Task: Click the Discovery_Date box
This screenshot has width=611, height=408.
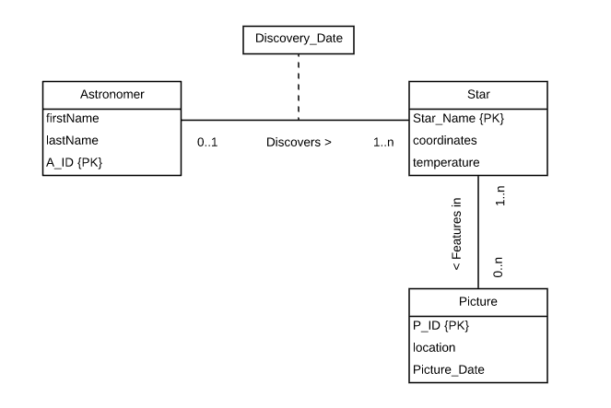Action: tap(298, 40)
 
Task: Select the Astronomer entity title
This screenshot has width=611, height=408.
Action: tap(111, 95)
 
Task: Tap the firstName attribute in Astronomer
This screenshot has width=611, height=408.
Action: tap(73, 118)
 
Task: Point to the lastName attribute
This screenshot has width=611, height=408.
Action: tap(72, 140)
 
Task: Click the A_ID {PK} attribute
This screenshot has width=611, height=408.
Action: tap(75, 162)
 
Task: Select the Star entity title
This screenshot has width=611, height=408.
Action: tap(477, 95)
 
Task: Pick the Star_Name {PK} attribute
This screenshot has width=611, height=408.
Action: tap(458, 118)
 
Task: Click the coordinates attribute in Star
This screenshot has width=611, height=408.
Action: tap(446, 140)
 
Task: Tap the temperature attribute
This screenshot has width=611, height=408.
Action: tap(446, 162)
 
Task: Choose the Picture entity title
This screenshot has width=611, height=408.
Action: tap(477, 300)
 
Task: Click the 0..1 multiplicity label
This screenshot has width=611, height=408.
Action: tap(208, 144)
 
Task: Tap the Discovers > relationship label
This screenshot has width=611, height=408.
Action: tap(298, 144)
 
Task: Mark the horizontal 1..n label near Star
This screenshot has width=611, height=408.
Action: tap(383, 144)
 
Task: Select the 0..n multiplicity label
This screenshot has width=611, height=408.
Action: tap(499, 267)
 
